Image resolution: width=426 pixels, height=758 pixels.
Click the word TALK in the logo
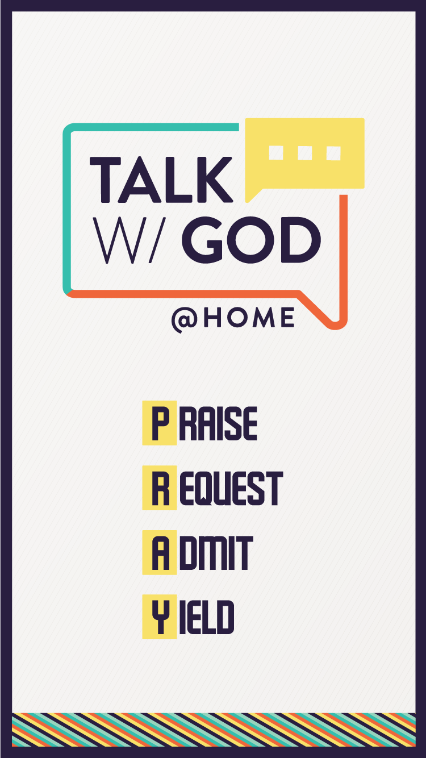161,180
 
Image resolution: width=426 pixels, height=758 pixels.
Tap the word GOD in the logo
251,240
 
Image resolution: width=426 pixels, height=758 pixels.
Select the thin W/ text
130,240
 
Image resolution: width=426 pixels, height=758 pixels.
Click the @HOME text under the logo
233,319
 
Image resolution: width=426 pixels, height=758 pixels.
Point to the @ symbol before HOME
184,320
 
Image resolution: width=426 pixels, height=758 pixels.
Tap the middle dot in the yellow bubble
304,153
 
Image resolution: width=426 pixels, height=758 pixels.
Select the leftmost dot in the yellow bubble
276,153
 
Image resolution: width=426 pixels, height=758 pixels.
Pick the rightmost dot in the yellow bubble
333,153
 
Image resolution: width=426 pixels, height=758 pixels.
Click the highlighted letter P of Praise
160,423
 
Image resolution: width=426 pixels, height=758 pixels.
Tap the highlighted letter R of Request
160,488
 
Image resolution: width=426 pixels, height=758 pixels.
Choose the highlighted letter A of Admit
160,553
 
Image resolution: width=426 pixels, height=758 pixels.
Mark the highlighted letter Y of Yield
160,617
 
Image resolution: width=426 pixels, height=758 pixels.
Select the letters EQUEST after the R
231,488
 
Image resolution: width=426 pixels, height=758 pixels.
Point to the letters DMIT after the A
216,553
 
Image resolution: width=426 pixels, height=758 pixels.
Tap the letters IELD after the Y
207,617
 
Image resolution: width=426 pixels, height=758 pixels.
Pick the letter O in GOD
251,240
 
